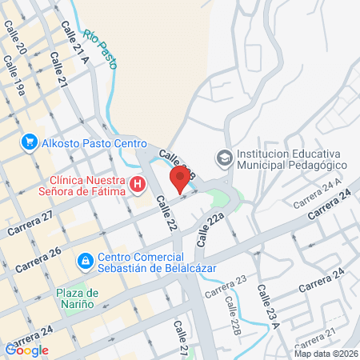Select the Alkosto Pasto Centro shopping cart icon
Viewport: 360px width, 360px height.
[x=30, y=142]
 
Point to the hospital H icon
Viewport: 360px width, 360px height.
[x=138, y=186]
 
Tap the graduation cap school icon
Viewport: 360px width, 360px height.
[x=222, y=158]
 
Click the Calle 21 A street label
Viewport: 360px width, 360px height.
[x=74, y=40]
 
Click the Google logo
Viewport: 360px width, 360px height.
[x=27, y=350]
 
